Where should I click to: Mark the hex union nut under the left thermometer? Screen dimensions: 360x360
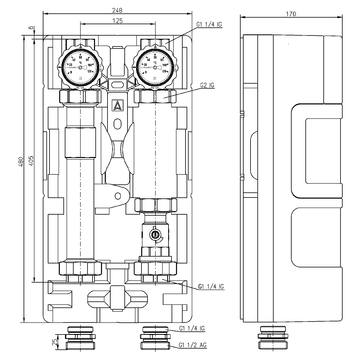[x=79, y=98]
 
